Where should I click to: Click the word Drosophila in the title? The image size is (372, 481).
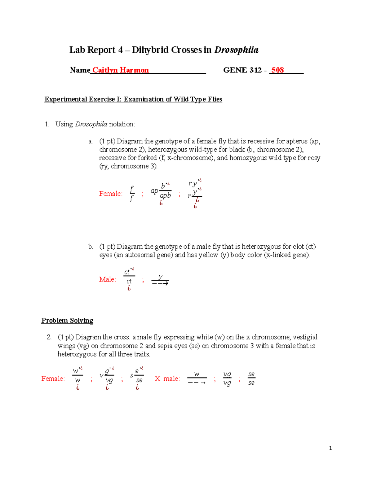click(236, 50)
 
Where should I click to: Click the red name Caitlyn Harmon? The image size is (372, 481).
click(120, 70)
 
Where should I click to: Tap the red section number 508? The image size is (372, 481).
click(277, 70)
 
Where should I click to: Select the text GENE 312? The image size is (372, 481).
click(242, 70)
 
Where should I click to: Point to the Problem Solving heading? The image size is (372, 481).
click(67, 321)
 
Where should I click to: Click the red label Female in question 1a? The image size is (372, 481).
click(111, 194)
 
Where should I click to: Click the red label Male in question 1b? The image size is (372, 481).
click(107, 279)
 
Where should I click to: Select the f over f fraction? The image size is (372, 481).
click(132, 194)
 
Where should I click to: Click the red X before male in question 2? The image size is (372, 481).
click(157, 379)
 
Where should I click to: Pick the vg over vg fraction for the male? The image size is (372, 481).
click(227, 379)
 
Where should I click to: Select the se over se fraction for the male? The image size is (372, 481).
click(251, 378)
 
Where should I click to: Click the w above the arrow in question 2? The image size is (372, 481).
click(197, 374)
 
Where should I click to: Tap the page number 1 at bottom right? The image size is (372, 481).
click(330, 448)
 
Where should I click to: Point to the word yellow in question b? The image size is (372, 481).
click(208, 255)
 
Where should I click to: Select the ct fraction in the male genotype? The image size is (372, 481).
click(129, 277)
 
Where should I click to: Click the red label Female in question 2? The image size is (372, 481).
click(53, 379)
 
